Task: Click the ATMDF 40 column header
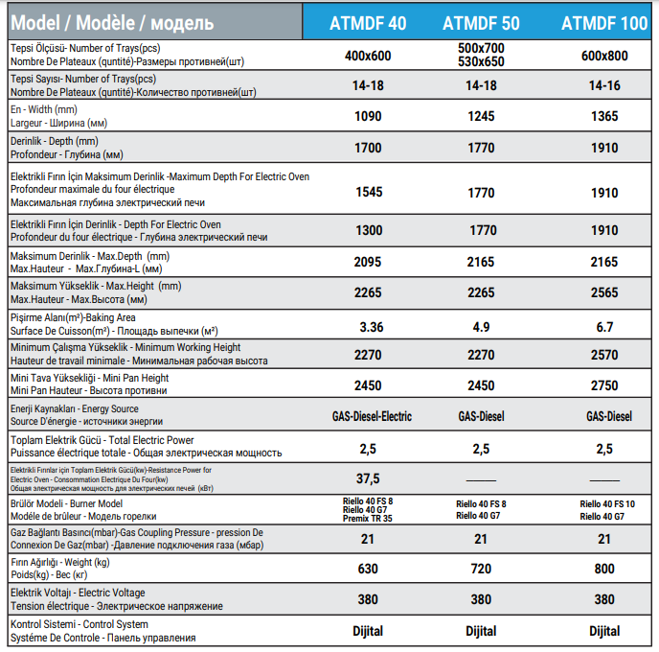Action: point(369,20)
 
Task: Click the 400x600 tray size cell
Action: point(369,56)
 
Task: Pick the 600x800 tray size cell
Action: point(604,56)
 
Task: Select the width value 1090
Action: point(369,116)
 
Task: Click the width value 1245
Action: point(481,116)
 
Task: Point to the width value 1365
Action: point(604,116)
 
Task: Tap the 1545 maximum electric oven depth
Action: point(369,192)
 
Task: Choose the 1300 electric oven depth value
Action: point(369,230)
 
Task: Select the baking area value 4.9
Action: point(481,327)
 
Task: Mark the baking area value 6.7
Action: point(604,327)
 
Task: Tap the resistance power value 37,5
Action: point(369,478)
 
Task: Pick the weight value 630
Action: point(369,569)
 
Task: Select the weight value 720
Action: point(481,569)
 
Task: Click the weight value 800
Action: point(604,569)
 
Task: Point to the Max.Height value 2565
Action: point(604,292)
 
